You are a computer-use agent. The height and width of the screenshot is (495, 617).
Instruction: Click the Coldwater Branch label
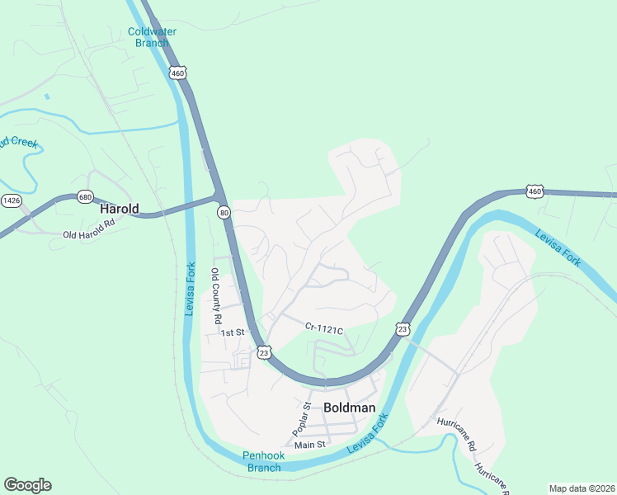(153, 38)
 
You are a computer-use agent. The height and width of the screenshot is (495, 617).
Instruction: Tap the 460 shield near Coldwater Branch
(178, 73)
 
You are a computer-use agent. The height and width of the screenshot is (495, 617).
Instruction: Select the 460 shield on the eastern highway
(535, 191)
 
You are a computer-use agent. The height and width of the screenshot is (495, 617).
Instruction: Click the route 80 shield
(224, 213)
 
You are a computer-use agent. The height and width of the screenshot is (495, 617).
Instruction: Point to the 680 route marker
(85, 197)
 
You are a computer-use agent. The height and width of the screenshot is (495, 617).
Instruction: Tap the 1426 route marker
(11, 200)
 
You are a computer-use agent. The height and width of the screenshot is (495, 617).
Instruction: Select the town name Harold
(120, 210)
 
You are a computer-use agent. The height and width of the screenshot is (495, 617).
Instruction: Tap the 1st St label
(233, 332)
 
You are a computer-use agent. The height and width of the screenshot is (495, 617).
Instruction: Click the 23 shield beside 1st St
(263, 352)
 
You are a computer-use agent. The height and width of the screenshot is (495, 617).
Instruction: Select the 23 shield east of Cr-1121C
(402, 328)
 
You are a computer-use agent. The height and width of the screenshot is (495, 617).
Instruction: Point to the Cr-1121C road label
(323, 329)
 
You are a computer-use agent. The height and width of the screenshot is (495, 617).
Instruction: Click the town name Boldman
(350, 408)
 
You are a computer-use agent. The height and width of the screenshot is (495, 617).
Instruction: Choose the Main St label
(310, 444)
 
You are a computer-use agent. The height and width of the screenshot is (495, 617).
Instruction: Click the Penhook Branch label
(263, 461)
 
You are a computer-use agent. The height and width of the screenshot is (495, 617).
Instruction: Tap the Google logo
(27, 485)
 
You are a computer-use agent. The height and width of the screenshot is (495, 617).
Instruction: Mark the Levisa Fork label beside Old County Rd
(191, 289)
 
